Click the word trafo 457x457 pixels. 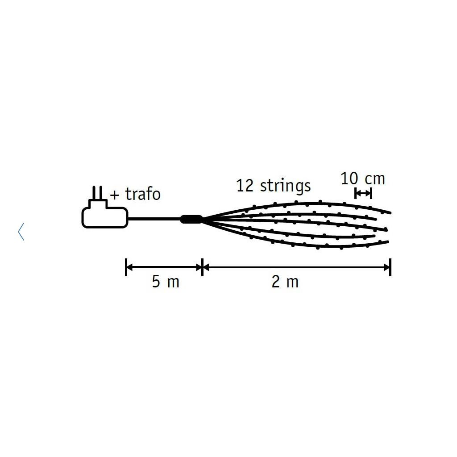(143, 194)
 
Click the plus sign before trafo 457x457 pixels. (115, 195)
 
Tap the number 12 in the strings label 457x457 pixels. (245, 186)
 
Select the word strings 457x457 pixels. (285, 187)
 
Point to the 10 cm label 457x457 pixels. (363, 179)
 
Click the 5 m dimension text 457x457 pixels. (166, 282)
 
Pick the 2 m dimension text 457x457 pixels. (285, 282)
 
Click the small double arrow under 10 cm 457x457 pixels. (363, 193)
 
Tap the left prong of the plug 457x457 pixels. (94, 193)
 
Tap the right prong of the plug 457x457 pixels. (101, 193)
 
